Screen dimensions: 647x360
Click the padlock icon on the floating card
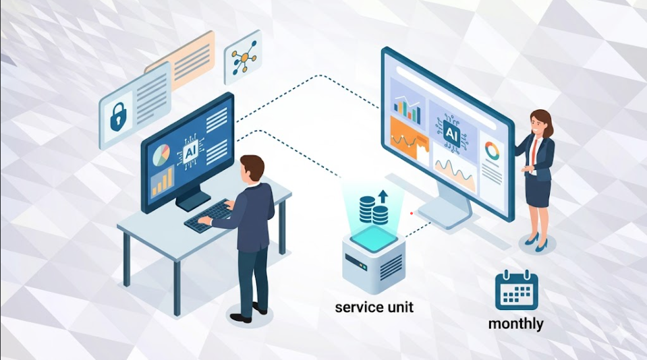click(118, 117)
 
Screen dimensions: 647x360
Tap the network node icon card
click(244, 57)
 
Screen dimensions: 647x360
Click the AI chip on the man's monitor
click(190, 152)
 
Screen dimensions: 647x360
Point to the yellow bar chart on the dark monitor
click(162, 181)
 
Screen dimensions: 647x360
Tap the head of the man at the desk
click(252, 167)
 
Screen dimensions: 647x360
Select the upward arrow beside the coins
click(383, 196)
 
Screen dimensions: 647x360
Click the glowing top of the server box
click(374, 239)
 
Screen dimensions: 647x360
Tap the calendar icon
click(517, 290)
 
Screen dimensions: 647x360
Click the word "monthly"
click(516, 324)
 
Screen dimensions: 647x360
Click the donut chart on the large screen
click(492, 151)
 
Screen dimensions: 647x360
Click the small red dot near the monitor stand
click(412, 213)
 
